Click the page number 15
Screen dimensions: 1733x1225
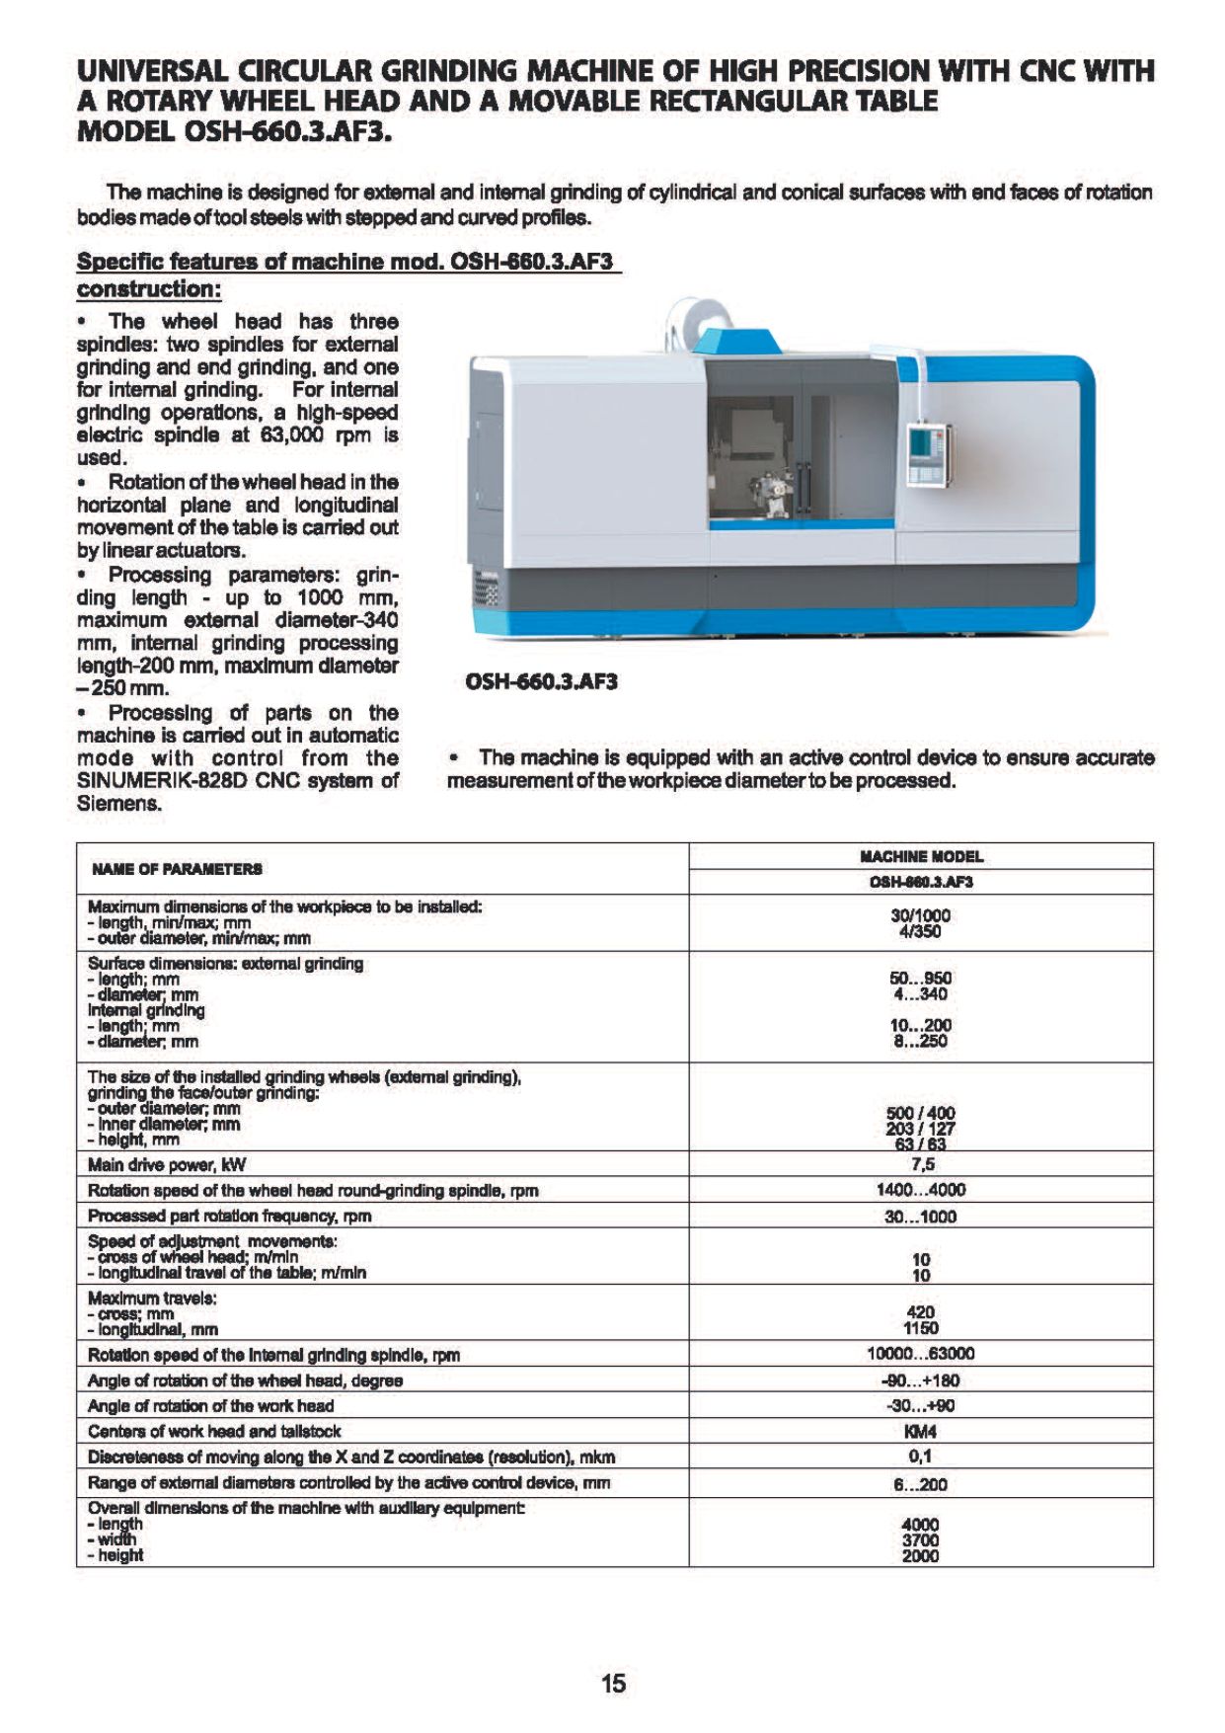613,1684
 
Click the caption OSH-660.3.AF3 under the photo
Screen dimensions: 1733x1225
541,681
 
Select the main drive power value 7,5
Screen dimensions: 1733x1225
921,1164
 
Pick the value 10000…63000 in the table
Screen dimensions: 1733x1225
920,1354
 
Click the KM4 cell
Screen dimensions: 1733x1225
920,1431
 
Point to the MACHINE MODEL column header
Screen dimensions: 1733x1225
921,856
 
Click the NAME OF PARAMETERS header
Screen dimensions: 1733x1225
178,869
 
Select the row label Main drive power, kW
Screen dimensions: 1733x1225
167,1164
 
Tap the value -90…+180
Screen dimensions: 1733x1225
920,1380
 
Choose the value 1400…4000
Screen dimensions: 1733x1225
920,1190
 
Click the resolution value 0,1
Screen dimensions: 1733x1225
920,1457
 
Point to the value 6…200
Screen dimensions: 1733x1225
920,1484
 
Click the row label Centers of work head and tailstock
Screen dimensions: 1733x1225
214,1431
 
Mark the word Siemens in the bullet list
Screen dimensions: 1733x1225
118,804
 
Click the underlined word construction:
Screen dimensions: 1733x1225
149,289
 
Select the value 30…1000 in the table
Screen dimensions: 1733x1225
920,1217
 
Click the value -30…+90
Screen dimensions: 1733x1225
920,1406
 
